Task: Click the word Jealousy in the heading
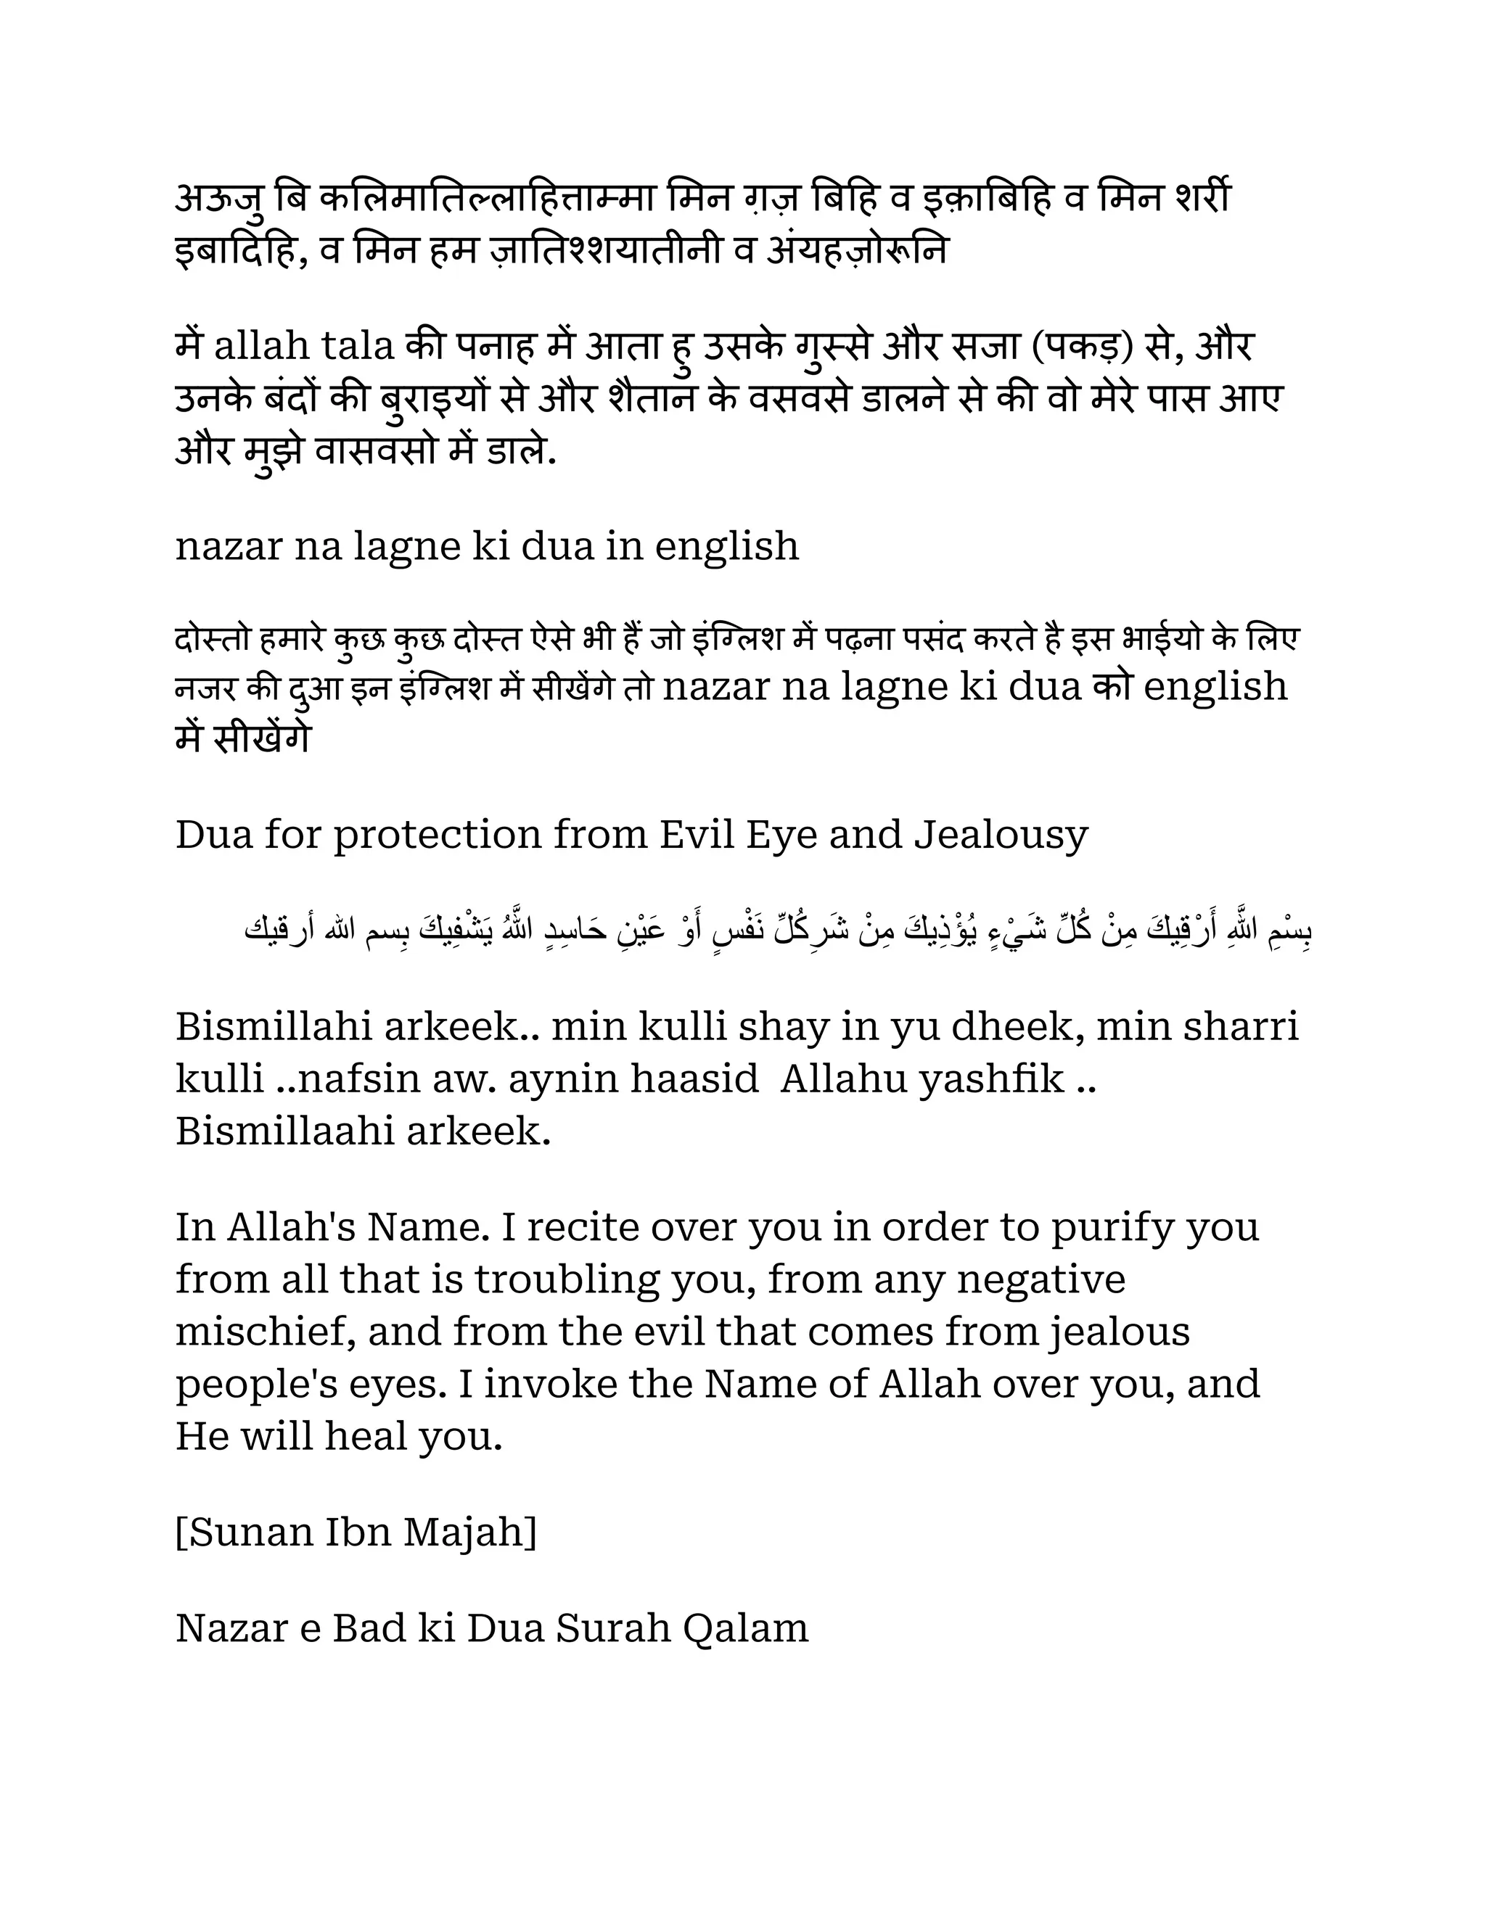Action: click(x=1001, y=834)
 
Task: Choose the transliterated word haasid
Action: click(x=694, y=1079)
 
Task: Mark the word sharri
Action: click(x=1241, y=1027)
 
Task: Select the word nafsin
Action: click(x=360, y=1079)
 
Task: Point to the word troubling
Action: click(x=567, y=1279)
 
